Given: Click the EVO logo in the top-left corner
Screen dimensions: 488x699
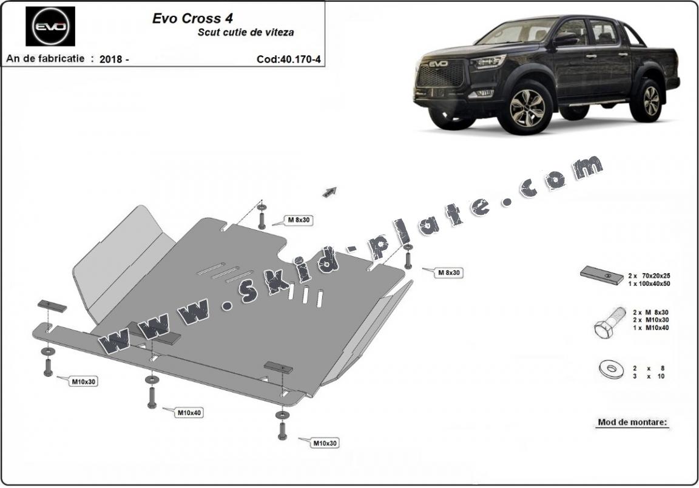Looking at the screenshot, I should click(50, 27).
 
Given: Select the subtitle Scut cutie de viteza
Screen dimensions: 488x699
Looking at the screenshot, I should click(245, 33).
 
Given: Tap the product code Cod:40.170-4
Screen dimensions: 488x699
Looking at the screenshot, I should click(288, 59).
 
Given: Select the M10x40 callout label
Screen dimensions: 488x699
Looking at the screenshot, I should click(189, 413).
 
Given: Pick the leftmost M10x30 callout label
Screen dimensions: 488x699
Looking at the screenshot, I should click(84, 382).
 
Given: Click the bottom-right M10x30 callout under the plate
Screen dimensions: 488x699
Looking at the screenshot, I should click(325, 444).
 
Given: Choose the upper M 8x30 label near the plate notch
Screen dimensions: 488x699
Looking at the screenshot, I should click(299, 220).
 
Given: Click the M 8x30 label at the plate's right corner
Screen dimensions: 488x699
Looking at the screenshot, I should click(448, 273).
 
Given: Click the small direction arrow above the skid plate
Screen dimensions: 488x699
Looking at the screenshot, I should click(329, 192).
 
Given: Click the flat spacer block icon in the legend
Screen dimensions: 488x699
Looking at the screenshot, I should click(601, 275).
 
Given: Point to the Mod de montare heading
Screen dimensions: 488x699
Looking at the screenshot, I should click(632, 422).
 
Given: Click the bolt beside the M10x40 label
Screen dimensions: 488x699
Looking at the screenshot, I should click(150, 397).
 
